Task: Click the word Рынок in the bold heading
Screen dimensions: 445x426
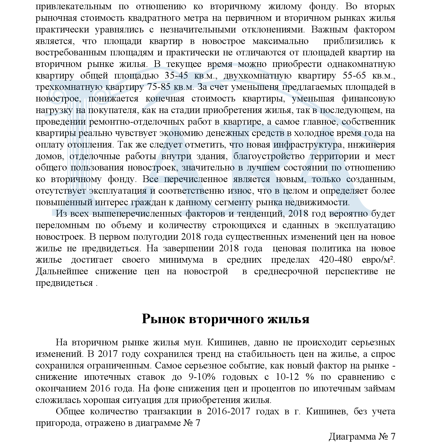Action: coord(163,319)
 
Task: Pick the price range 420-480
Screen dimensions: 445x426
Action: coord(336,260)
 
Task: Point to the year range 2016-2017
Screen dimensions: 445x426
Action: coord(228,412)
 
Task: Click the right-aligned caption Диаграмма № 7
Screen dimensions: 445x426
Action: coord(362,436)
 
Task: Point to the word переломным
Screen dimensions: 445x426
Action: coord(63,225)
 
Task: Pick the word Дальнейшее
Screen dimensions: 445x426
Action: coord(62,271)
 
